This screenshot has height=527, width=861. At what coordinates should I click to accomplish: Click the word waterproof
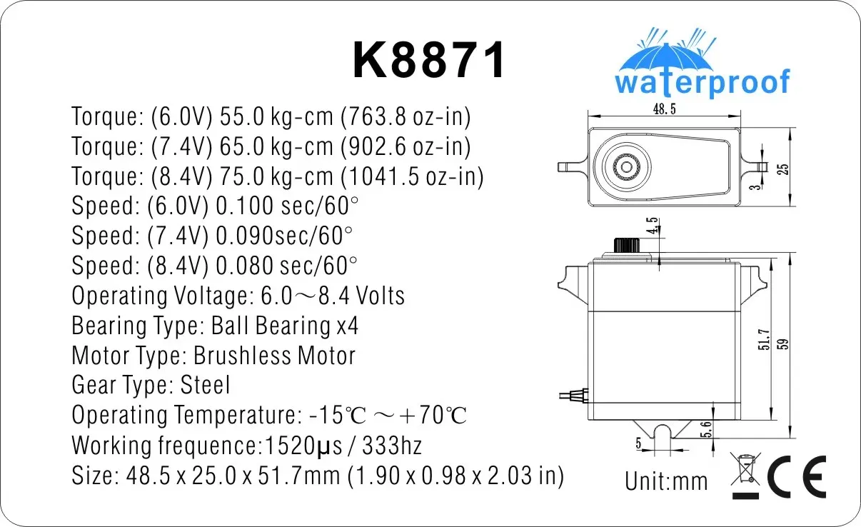pos(703,83)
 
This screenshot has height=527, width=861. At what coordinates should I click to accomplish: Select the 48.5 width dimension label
pos(664,109)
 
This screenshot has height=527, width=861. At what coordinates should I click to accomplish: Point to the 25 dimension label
pos(783,169)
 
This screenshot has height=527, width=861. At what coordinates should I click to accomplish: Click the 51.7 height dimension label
pos(764,339)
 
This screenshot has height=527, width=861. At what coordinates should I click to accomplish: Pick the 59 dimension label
pos(782,343)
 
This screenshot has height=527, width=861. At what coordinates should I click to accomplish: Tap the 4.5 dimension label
pos(652,226)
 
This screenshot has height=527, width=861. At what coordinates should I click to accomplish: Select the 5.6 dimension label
pos(706,429)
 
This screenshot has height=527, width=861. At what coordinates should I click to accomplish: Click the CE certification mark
pos(797,476)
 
